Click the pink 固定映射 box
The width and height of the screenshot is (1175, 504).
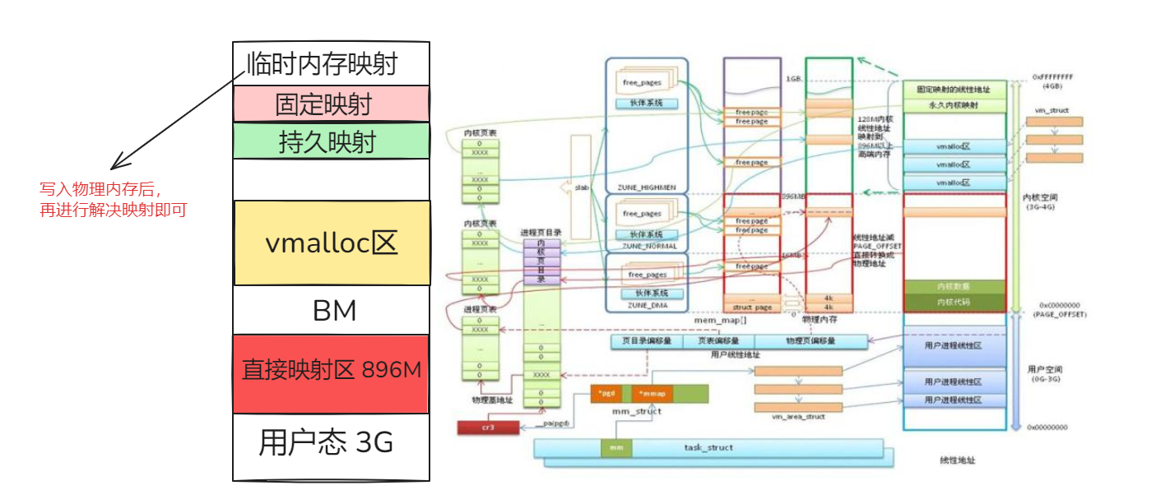[x=331, y=104]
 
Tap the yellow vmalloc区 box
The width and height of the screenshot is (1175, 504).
[x=331, y=243]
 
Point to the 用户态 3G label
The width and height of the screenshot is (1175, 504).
[x=326, y=443]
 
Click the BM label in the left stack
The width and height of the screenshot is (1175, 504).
[x=335, y=311]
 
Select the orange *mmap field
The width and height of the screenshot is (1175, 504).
[x=652, y=393]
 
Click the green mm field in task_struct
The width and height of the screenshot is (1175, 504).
[x=615, y=448]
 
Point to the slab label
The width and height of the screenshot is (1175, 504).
[x=582, y=188]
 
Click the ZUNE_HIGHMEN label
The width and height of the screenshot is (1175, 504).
[x=646, y=187]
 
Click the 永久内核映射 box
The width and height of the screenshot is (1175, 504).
[x=954, y=106]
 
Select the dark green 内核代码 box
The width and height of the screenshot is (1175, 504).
[x=954, y=303]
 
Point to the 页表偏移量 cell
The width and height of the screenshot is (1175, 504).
[x=718, y=340]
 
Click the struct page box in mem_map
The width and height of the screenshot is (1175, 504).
[x=752, y=307]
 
